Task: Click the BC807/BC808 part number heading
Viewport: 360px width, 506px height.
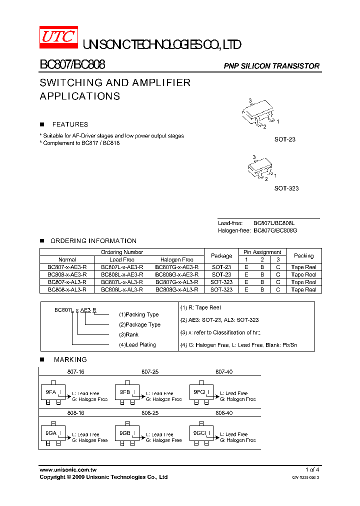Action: (x=72, y=64)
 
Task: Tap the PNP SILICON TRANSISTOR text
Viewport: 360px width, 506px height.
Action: (x=271, y=66)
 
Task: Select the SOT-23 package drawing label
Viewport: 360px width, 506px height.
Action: (x=285, y=139)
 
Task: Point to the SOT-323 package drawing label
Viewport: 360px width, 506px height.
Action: (x=286, y=188)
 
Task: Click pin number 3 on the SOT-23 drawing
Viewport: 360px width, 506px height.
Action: (x=249, y=101)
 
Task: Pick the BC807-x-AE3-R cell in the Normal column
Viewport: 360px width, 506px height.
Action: (x=67, y=267)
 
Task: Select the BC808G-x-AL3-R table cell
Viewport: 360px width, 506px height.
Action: (x=177, y=289)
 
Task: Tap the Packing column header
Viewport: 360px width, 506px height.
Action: (x=303, y=255)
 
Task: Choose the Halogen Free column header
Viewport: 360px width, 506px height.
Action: (x=177, y=260)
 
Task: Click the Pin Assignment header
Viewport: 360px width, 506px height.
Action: (x=262, y=252)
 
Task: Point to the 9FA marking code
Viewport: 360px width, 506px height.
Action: (x=50, y=392)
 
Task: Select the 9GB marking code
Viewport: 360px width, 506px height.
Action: (x=124, y=433)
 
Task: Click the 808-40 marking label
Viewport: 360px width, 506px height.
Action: (x=224, y=413)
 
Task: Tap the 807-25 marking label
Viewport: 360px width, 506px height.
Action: (x=150, y=372)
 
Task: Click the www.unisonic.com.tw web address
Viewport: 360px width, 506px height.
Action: (x=68, y=470)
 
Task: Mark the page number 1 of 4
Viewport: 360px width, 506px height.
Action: (x=312, y=470)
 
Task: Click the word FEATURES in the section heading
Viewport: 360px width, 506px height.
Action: (x=70, y=124)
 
